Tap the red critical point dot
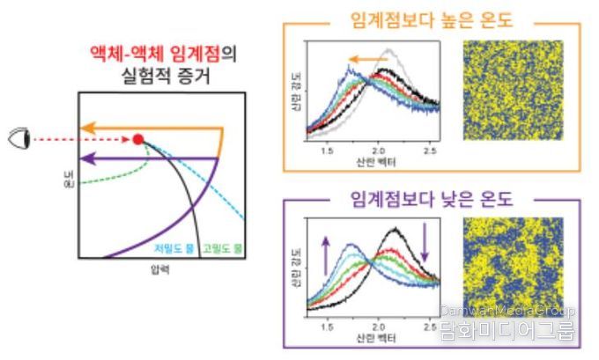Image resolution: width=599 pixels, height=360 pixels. pos(137,139)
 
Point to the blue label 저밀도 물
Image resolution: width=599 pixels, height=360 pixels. pos(173,246)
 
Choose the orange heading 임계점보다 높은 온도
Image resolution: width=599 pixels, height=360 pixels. pos(429,19)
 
